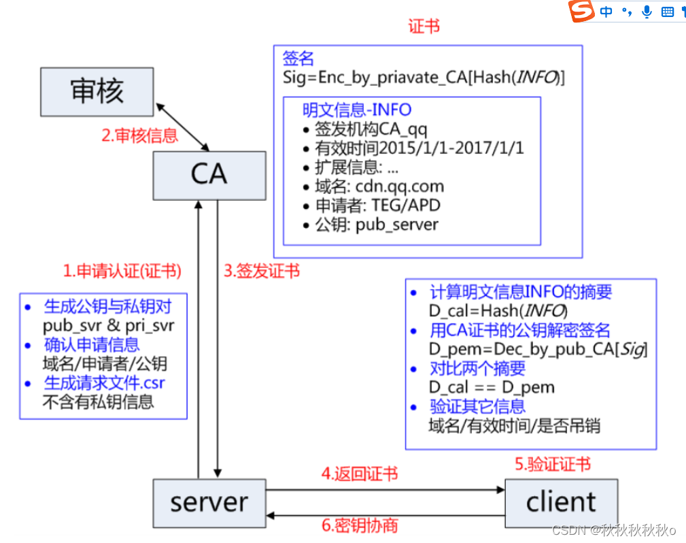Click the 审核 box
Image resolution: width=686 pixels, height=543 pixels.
(98, 92)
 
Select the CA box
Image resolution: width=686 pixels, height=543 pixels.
(209, 174)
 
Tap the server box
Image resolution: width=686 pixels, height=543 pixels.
(209, 502)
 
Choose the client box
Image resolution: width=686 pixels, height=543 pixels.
(561, 502)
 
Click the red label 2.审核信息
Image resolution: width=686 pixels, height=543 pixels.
(139, 135)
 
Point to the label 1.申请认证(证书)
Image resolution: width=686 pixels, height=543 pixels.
(122, 271)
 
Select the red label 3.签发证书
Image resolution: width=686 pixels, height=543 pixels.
(262, 271)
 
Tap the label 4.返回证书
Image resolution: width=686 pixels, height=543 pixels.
(360, 474)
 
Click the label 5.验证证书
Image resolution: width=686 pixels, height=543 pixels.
(552, 465)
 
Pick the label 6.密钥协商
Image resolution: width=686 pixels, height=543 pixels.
(360, 525)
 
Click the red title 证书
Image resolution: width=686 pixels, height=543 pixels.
(424, 27)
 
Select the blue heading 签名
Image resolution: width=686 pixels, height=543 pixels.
(298, 59)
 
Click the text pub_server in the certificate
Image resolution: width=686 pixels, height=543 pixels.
(397, 224)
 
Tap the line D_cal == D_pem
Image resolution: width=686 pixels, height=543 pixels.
(492, 387)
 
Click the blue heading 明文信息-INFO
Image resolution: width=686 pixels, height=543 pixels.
(357, 110)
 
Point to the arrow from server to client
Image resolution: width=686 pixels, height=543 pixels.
(384, 490)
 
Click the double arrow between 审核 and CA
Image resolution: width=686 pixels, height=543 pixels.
(182, 127)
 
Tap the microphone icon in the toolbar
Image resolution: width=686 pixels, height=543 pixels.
(647, 12)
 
